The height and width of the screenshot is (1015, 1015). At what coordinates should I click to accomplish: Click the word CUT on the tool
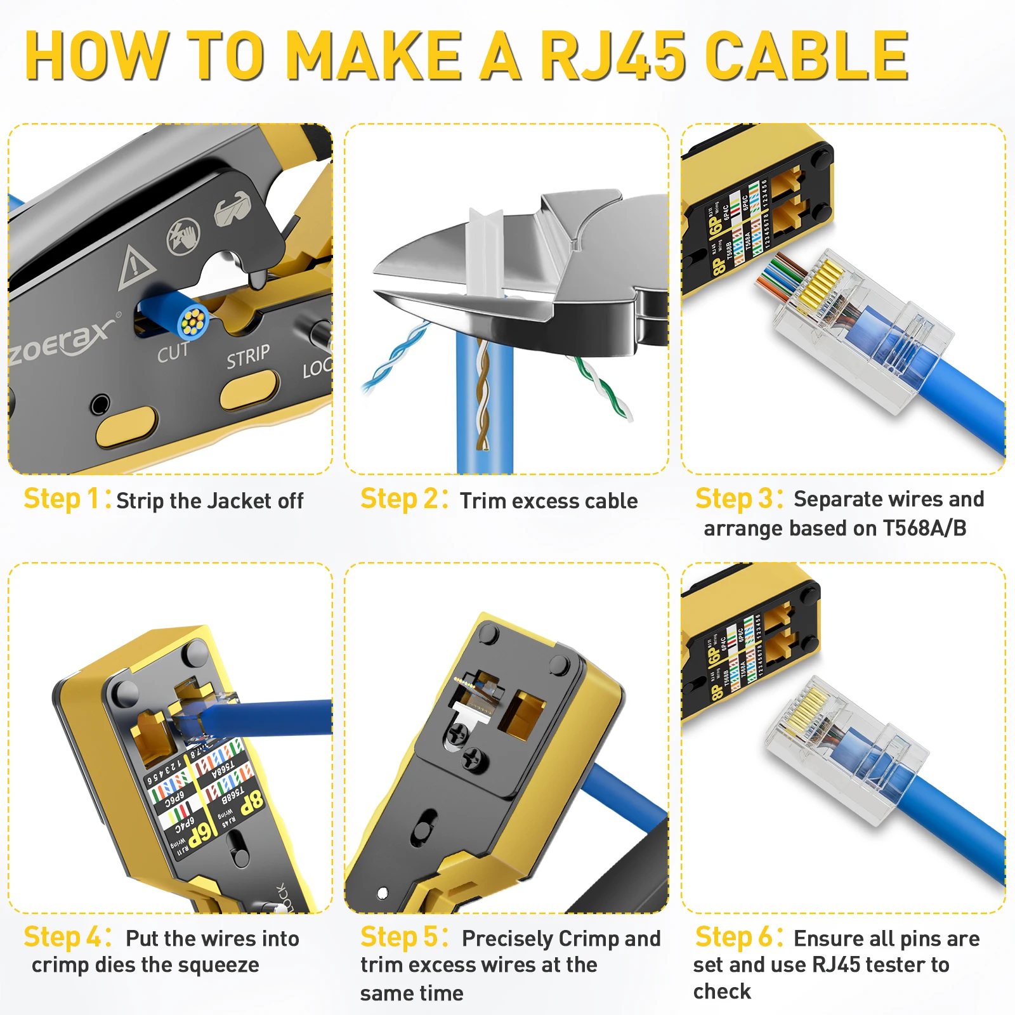173,352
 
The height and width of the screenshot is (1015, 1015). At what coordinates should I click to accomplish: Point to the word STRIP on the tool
248,357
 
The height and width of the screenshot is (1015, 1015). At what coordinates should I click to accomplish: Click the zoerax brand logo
63,343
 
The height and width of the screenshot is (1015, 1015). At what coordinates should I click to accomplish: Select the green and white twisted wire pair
603,387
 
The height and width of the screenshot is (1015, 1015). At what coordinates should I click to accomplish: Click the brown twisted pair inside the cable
482,400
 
